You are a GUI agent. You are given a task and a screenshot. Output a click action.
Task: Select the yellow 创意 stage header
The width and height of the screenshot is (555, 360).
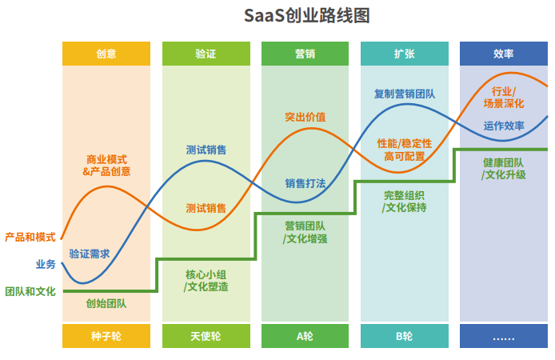[106, 54]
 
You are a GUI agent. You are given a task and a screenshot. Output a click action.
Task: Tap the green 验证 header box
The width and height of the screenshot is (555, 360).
[206, 54]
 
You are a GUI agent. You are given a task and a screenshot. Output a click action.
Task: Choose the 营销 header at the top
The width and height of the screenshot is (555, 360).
[305, 54]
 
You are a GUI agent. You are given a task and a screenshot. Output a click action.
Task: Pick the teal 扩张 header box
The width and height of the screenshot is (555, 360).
[404, 54]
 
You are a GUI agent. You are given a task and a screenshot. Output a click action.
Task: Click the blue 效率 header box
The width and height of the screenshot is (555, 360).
[503, 54]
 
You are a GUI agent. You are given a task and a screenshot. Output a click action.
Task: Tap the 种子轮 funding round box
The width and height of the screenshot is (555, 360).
[106, 336]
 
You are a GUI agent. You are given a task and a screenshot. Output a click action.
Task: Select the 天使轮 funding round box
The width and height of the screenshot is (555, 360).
[206, 336]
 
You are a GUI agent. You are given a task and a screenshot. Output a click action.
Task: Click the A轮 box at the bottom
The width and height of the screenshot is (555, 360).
[305, 336]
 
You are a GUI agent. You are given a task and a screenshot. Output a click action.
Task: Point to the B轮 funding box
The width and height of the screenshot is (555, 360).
[404, 336]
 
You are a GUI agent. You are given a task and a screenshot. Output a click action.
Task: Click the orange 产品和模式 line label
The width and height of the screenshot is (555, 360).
[30, 237]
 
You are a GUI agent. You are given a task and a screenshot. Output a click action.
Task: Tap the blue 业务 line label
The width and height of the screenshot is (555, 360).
[45, 264]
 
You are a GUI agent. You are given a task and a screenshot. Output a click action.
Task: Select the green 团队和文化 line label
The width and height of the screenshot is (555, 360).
[30, 291]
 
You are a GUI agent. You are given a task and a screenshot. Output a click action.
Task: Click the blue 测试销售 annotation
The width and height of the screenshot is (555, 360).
[206, 150]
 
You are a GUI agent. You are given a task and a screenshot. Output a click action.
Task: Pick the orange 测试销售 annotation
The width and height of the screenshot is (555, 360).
[206, 208]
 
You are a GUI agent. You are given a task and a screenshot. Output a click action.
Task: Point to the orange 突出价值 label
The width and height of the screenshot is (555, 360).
[305, 117]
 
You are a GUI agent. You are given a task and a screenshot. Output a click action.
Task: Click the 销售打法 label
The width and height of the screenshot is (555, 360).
[305, 183]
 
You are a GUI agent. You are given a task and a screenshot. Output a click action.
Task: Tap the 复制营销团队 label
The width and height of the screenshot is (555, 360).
[405, 94]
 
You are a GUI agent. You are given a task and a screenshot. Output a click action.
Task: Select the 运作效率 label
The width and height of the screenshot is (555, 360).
[504, 126]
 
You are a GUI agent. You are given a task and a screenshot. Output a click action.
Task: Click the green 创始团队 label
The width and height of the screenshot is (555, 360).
[106, 304]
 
